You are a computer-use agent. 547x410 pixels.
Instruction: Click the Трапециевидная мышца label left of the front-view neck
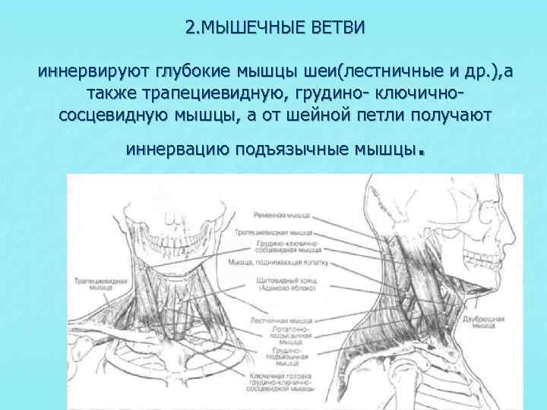(95, 284)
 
